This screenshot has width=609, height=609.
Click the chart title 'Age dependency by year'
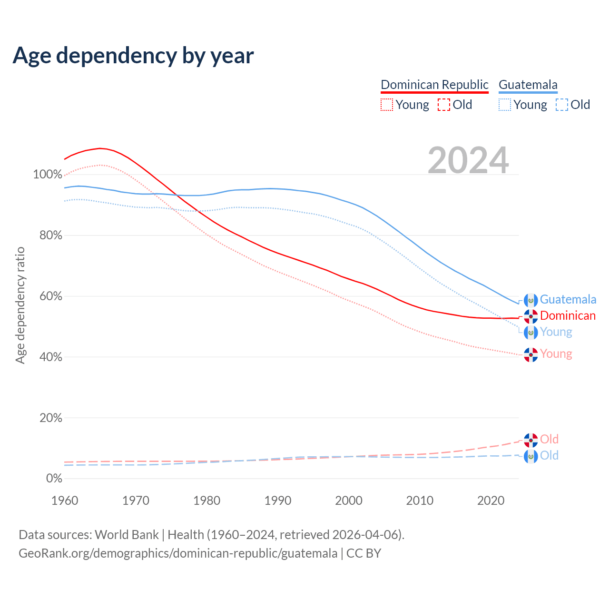pyautogui.click(x=133, y=56)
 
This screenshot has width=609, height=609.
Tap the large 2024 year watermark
pyautogui.click(x=468, y=161)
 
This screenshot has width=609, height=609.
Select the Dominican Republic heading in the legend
pyautogui.click(x=434, y=85)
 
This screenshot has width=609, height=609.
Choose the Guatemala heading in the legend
pyautogui.click(x=528, y=85)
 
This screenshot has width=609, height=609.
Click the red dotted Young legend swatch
pyautogui.click(x=387, y=105)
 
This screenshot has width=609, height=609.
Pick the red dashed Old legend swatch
pyautogui.click(x=443, y=105)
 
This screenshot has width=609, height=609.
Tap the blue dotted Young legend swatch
pyautogui.click(x=505, y=105)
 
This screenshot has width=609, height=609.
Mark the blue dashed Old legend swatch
pyautogui.click(x=561, y=105)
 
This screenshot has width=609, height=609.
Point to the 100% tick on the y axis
pyautogui.click(x=48, y=175)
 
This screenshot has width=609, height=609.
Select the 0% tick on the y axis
pyautogui.click(x=54, y=479)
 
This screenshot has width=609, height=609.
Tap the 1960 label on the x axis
pyautogui.click(x=65, y=501)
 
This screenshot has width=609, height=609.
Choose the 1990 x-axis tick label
pyautogui.click(x=278, y=501)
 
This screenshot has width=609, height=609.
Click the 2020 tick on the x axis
pyautogui.click(x=491, y=501)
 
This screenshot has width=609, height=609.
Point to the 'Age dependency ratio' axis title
pyautogui.click(x=20, y=305)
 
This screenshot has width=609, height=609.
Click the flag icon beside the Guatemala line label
pyautogui.click(x=530, y=300)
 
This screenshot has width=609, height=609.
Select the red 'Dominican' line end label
pyautogui.click(x=568, y=316)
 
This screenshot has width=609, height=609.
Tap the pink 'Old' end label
pyautogui.click(x=549, y=439)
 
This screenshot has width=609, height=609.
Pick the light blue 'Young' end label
pyautogui.click(x=556, y=332)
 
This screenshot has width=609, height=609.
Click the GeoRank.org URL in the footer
pyautogui.click(x=178, y=553)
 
